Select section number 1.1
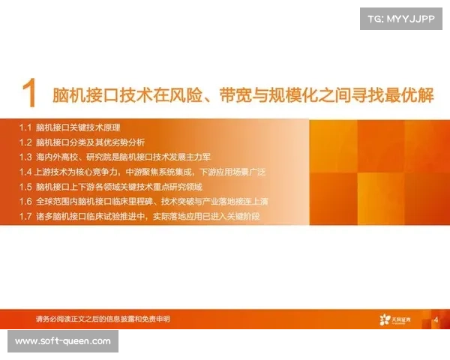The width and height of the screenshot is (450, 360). click(25, 127)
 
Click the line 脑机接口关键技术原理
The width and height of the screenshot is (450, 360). click(78, 127)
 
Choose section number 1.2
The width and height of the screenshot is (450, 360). click(25, 142)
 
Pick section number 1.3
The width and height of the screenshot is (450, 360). click(25, 157)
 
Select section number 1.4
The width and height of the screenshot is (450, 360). click(25, 172)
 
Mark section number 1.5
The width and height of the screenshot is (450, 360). click(25, 187)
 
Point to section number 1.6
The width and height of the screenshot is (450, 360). click(25, 202)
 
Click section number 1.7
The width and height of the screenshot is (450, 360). click(25, 217)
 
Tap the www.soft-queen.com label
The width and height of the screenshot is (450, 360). click(63, 341)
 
